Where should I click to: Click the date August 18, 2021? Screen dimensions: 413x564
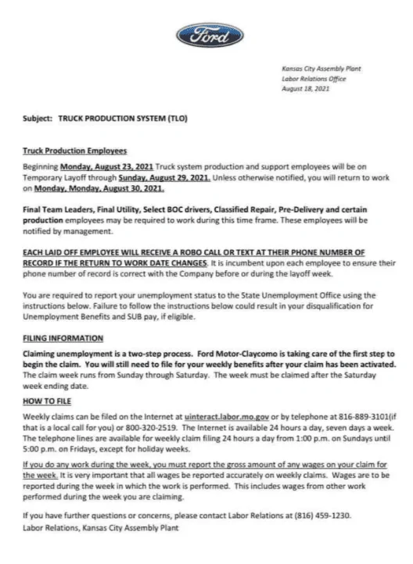click(305, 89)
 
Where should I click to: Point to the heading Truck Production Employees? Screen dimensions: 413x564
click(74, 151)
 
